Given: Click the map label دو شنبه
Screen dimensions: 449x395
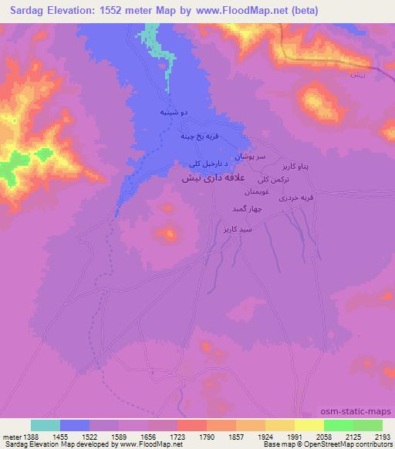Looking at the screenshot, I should tap(173, 113).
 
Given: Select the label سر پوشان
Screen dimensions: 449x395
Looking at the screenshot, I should tap(249, 156).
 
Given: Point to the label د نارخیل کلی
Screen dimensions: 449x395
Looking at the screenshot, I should tap(205, 164).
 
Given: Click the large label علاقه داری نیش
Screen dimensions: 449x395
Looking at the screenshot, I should tap(215, 177).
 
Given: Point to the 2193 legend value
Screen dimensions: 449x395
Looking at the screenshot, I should tap(383, 436).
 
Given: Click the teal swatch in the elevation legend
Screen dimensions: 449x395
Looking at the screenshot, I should tap(46, 425).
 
